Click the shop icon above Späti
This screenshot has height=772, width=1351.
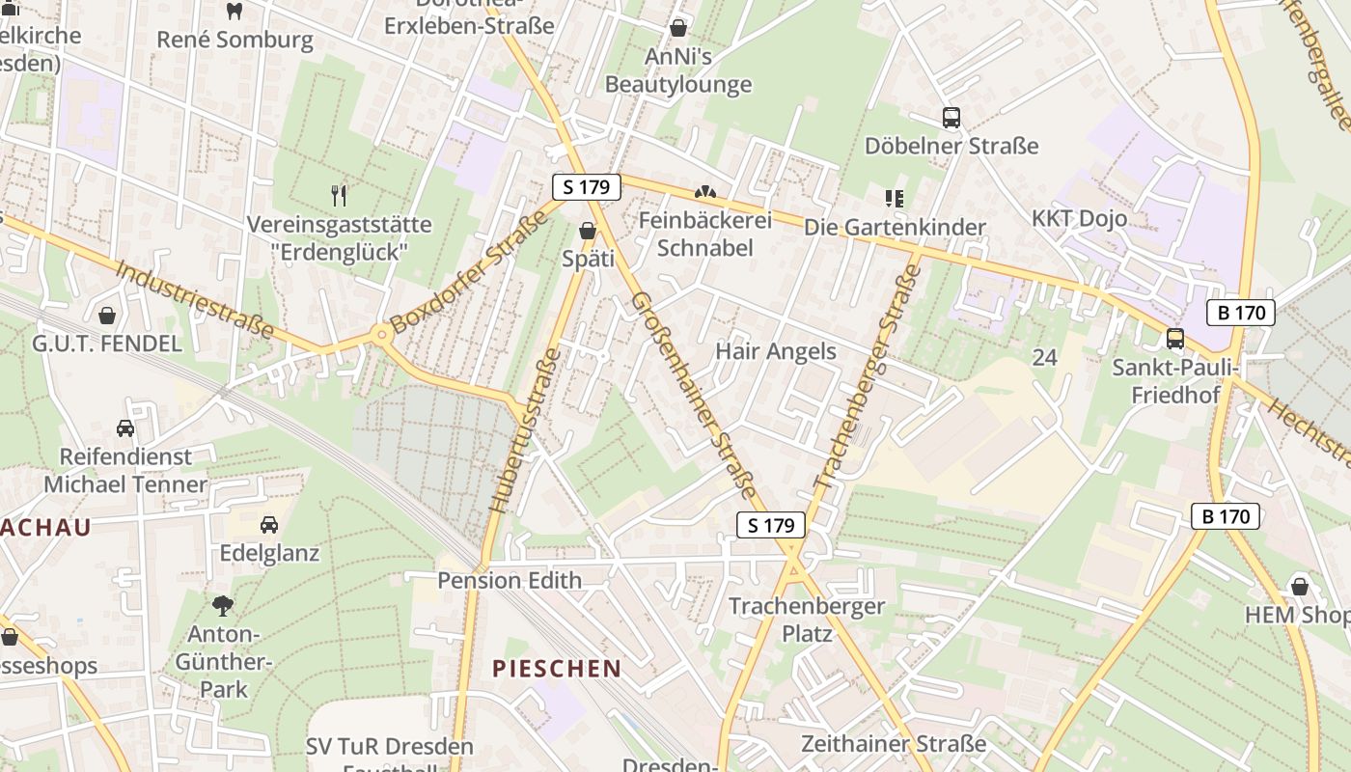(x=587, y=231)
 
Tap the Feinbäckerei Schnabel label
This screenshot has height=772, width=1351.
(x=704, y=234)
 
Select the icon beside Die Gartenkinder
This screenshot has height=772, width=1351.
(x=894, y=199)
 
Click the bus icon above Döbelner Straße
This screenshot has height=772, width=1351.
(x=951, y=118)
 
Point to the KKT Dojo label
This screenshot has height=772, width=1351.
(x=1079, y=218)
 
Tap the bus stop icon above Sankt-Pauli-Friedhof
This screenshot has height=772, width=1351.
(x=1174, y=339)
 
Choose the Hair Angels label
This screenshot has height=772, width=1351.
(x=775, y=351)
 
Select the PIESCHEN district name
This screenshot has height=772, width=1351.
(x=557, y=668)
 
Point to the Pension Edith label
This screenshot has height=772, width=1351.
(x=509, y=580)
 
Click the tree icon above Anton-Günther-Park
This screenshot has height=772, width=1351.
(x=223, y=606)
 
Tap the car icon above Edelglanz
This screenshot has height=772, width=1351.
(x=269, y=525)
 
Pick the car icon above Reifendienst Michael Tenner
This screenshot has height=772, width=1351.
(x=124, y=427)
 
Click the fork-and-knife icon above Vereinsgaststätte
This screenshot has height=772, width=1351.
(x=339, y=196)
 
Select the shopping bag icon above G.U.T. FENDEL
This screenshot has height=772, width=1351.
(x=107, y=316)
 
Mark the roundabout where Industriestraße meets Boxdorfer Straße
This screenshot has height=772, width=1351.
(x=382, y=336)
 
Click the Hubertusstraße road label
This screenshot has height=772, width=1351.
(x=526, y=430)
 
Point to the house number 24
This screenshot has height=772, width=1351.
(x=1044, y=358)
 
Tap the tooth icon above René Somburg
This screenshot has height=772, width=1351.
(x=234, y=12)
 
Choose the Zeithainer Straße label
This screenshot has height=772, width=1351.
(x=893, y=744)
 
